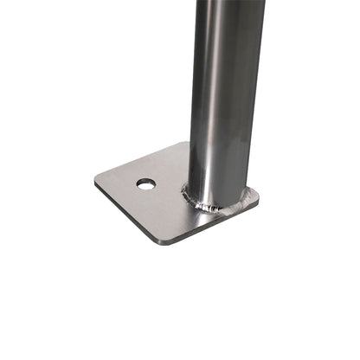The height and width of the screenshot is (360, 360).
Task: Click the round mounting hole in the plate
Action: point(146,184)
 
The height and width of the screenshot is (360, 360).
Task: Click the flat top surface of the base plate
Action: point(156,208)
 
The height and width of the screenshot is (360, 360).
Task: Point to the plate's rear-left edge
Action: point(138,161)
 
